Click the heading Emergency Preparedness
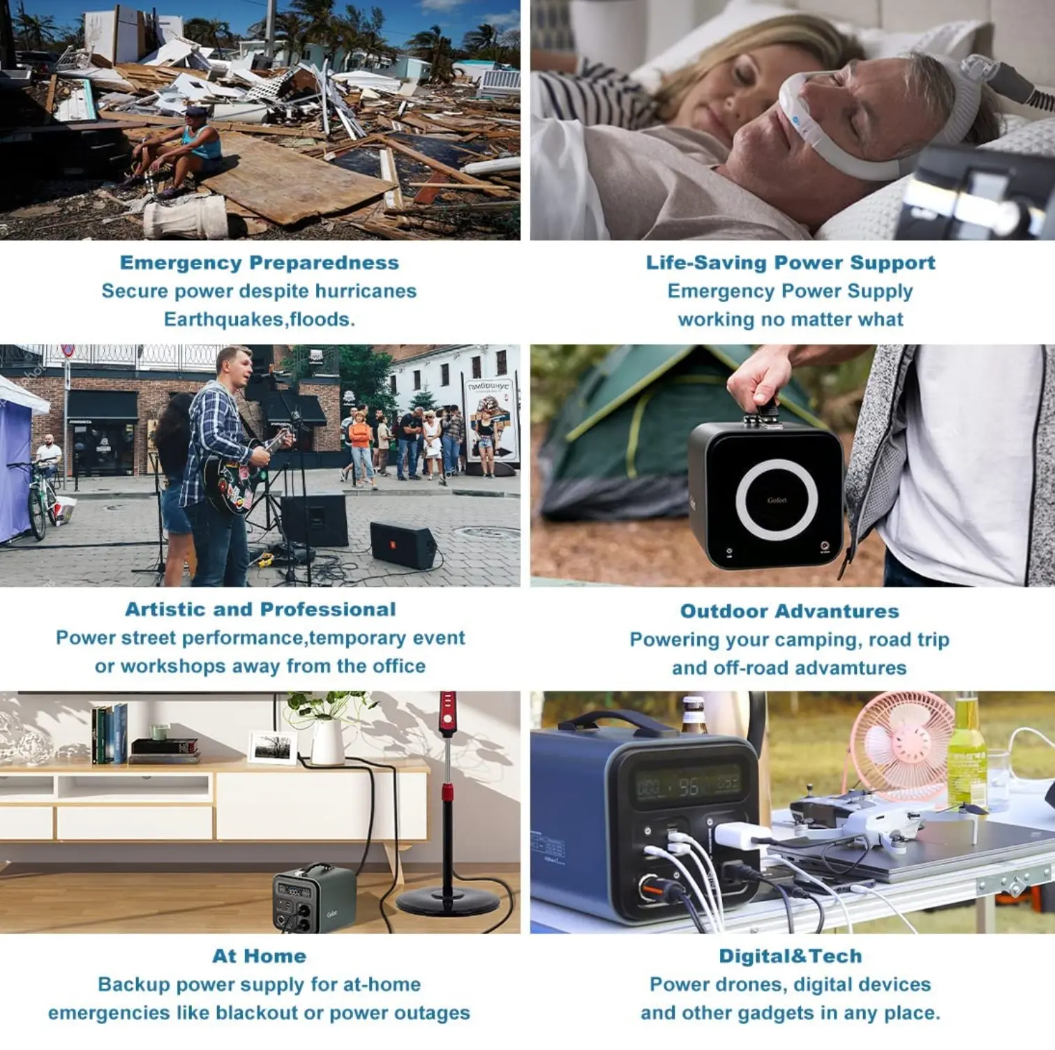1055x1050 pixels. (260, 263)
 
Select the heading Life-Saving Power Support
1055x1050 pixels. (791, 263)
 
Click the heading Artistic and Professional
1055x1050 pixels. (260, 609)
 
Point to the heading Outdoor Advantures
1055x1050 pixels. (790, 611)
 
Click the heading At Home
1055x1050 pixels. (260, 956)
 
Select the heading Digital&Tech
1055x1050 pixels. (791, 956)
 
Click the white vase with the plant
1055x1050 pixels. (328, 742)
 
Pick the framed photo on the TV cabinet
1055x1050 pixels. (273, 747)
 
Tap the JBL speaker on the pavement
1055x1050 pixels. (404, 545)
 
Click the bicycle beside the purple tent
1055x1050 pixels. (41, 500)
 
